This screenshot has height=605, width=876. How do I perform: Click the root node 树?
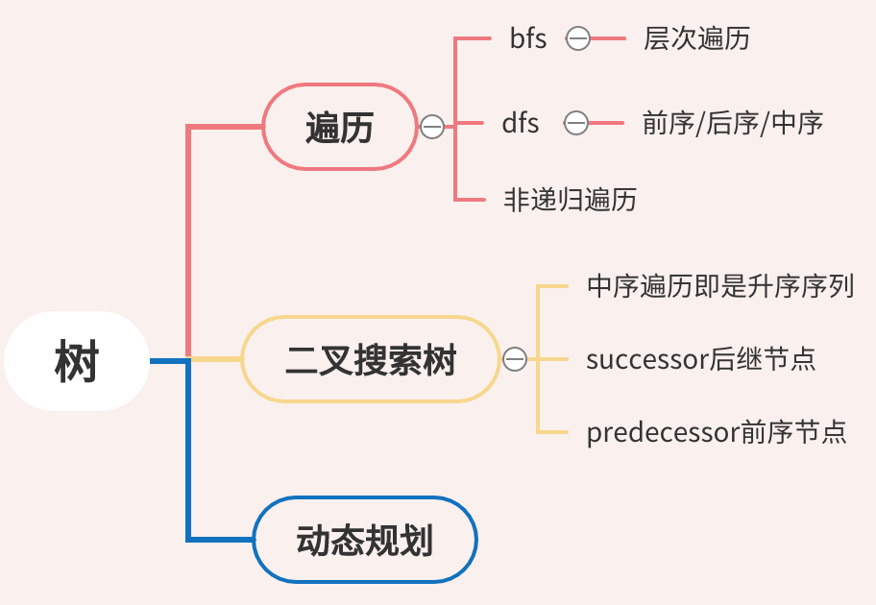(x=77, y=361)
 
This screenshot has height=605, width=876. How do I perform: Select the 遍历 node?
(x=339, y=127)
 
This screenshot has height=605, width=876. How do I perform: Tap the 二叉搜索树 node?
(x=371, y=359)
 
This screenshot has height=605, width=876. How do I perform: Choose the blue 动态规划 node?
(x=365, y=540)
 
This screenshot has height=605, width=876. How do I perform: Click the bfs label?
(x=528, y=39)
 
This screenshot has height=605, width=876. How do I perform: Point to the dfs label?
(x=521, y=123)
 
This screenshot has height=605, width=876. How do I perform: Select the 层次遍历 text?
(x=696, y=39)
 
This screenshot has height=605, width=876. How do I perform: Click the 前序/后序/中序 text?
(x=732, y=123)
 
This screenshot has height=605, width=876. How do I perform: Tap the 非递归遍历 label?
(x=570, y=200)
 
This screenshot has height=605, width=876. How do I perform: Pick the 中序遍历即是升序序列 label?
(x=719, y=286)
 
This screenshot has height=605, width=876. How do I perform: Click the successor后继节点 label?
(x=700, y=359)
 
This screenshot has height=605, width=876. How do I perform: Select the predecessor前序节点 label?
(x=716, y=432)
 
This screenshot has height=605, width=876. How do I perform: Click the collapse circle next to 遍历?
(x=432, y=127)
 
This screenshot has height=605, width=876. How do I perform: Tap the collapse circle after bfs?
(x=577, y=39)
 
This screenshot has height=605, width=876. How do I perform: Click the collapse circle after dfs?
(x=576, y=123)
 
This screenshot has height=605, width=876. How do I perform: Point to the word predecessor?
(x=663, y=433)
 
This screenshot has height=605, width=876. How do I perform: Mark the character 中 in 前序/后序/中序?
(x=785, y=123)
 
